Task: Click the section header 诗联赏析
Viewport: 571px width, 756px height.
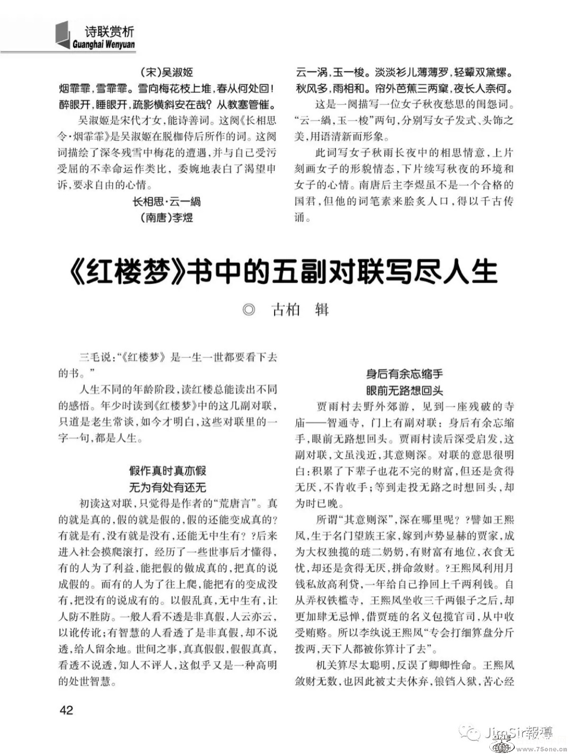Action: [109, 32]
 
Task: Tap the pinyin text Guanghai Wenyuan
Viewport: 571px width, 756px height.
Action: [104, 45]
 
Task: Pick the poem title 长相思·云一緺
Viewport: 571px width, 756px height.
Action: [166, 201]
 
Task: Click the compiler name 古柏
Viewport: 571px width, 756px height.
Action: [286, 310]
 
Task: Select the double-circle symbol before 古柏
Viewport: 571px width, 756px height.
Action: [249, 310]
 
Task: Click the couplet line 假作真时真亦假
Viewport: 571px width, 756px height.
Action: [167, 471]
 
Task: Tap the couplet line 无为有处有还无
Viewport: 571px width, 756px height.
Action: [167, 488]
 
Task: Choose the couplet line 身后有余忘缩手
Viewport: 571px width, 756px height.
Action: [405, 374]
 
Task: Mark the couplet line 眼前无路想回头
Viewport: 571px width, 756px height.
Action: [405, 390]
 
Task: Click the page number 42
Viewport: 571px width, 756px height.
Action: [66, 710]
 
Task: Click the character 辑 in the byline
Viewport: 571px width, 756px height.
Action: [322, 310]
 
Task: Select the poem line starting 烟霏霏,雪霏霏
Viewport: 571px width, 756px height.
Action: [167, 89]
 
